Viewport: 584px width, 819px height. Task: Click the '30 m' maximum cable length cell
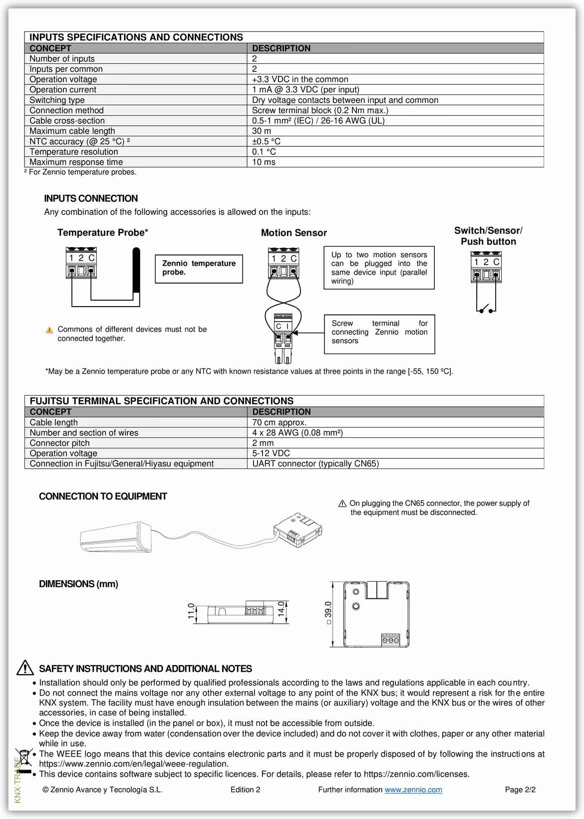pyautogui.click(x=262, y=131)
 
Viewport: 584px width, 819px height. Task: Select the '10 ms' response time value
pyautogui.click(x=264, y=162)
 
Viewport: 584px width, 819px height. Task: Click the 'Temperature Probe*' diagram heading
pyautogui.click(x=103, y=232)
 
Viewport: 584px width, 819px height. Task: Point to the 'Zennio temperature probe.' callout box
pyautogui.click(x=199, y=268)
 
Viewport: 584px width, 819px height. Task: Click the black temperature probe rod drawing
pyautogui.click(x=136, y=270)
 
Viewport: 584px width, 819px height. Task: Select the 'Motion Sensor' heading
pyautogui.click(x=293, y=233)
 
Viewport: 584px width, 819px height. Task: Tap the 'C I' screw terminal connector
pyautogui.click(x=283, y=327)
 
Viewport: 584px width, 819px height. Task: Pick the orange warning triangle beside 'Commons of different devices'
pyautogui.click(x=49, y=330)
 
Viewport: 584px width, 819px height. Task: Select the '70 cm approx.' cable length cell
pyautogui.click(x=279, y=422)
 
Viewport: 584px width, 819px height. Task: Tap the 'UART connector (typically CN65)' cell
pyautogui.click(x=315, y=463)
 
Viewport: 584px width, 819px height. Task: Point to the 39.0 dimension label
pyautogui.click(x=328, y=613)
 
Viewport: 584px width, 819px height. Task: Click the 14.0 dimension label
pyautogui.click(x=281, y=609)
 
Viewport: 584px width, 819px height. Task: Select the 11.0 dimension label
pyautogui.click(x=191, y=610)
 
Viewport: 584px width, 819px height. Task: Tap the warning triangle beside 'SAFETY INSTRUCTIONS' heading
pyautogui.click(x=25, y=668)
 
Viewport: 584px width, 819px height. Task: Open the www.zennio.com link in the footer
pyautogui.click(x=413, y=790)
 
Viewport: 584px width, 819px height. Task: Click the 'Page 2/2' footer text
pyautogui.click(x=520, y=790)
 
